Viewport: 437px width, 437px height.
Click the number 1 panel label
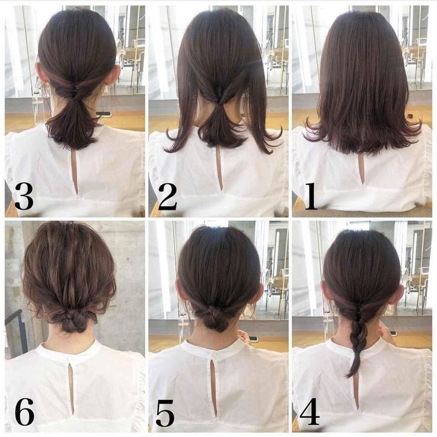point(311,196)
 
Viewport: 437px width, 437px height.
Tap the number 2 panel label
point(168,197)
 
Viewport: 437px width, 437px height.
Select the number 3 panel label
point(24,197)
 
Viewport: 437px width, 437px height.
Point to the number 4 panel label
point(310,411)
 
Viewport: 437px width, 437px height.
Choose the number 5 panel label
point(165,413)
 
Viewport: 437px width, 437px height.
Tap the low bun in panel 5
point(215,320)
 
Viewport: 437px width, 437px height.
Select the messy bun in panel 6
point(71,320)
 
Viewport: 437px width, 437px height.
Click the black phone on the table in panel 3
point(104,113)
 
